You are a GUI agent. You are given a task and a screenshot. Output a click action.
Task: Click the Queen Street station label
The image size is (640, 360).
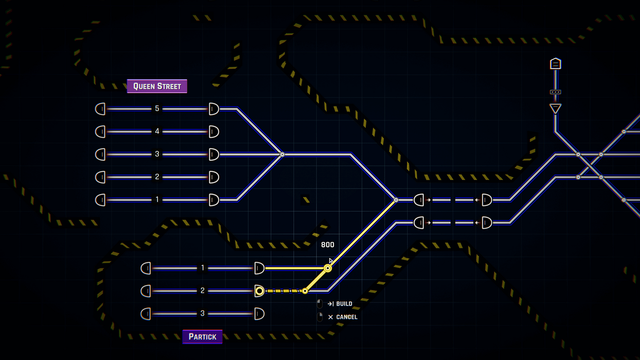[x=157, y=86]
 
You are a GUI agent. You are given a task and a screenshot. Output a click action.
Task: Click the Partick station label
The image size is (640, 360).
[x=202, y=337]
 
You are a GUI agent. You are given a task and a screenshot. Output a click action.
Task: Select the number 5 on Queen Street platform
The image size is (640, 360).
[x=157, y=109]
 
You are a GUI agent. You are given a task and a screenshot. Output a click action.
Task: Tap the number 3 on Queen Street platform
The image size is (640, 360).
[x=157, y=154]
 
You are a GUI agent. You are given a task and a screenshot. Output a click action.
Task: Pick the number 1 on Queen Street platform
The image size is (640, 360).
[x=157, y=200]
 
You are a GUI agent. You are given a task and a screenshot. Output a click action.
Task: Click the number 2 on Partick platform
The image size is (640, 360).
[x=203, y=291]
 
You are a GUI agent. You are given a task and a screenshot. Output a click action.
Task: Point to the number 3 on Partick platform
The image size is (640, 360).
[x=203, y=314]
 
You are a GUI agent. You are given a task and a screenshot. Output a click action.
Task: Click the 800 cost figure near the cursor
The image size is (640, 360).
[x=327, y=245]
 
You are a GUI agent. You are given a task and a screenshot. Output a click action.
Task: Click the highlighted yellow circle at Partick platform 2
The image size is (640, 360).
[x=259, y=291]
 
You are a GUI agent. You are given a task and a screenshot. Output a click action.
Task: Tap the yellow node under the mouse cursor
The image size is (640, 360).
[x=328, y=268]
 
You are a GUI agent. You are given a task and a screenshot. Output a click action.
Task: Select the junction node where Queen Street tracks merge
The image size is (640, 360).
[x=282, y=154]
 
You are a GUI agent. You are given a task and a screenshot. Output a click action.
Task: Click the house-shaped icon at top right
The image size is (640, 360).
[x=555, y=64]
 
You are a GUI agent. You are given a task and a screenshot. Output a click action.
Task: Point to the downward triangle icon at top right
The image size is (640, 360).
[x=555, y=109]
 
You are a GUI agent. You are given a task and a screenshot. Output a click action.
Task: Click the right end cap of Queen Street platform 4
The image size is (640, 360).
[x=214, y=132]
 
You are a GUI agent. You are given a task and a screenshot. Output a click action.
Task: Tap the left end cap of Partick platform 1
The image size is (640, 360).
[x=146, y=268]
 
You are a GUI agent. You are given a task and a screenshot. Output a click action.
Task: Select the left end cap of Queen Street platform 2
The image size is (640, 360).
[x=100, y=177]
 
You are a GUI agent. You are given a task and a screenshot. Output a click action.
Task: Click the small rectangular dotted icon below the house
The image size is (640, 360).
[x=555, y=92]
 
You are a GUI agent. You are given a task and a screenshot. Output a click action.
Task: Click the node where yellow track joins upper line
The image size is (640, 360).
[x=396, y=200]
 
